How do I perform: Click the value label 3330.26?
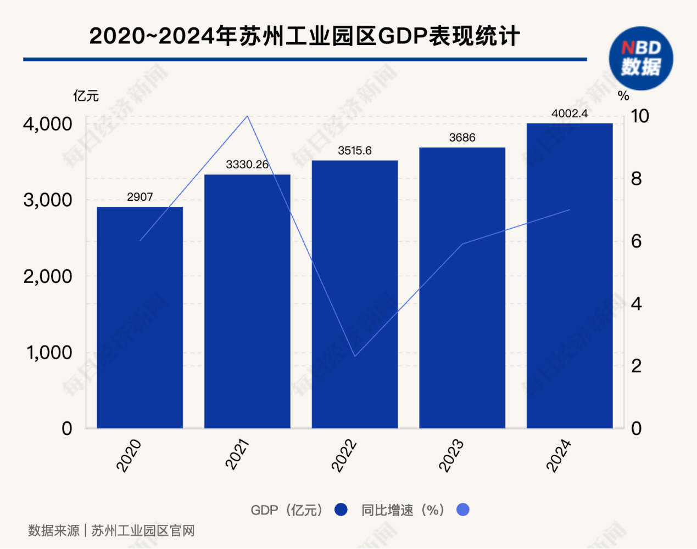point(247,165)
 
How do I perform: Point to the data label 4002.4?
point(570,114)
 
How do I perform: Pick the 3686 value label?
point(462,138)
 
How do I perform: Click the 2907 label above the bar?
point(140,197)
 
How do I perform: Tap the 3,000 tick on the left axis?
point(48,200)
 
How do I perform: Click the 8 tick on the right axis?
point(636,179)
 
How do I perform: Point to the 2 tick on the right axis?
point(636,366)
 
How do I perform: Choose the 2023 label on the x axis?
point(451,455)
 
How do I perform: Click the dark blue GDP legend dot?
point(341,510)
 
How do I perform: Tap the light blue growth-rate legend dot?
point(463,510)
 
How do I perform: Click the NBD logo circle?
point(640,58)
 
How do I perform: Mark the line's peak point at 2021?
point(247,116)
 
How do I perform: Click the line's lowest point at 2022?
point(355,356)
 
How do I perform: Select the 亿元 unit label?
point(86,96)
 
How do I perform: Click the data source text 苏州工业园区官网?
point(143,531)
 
